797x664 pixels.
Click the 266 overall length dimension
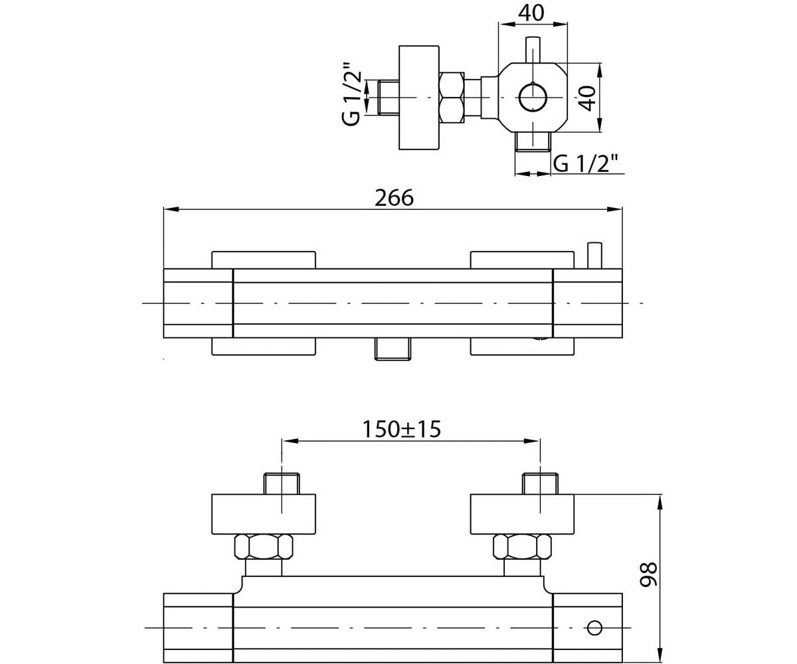394,198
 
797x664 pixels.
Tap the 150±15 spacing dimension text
401,429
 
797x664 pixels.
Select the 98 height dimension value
648,574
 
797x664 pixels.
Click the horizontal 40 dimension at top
531,13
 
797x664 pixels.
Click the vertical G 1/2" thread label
351,93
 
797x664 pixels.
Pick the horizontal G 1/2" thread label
585,163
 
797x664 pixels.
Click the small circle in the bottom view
594,627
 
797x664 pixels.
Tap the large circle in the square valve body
533,98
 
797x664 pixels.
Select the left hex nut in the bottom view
264,547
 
